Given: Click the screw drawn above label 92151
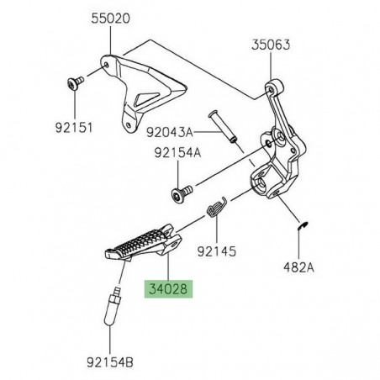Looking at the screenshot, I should [x=71, y=82].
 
